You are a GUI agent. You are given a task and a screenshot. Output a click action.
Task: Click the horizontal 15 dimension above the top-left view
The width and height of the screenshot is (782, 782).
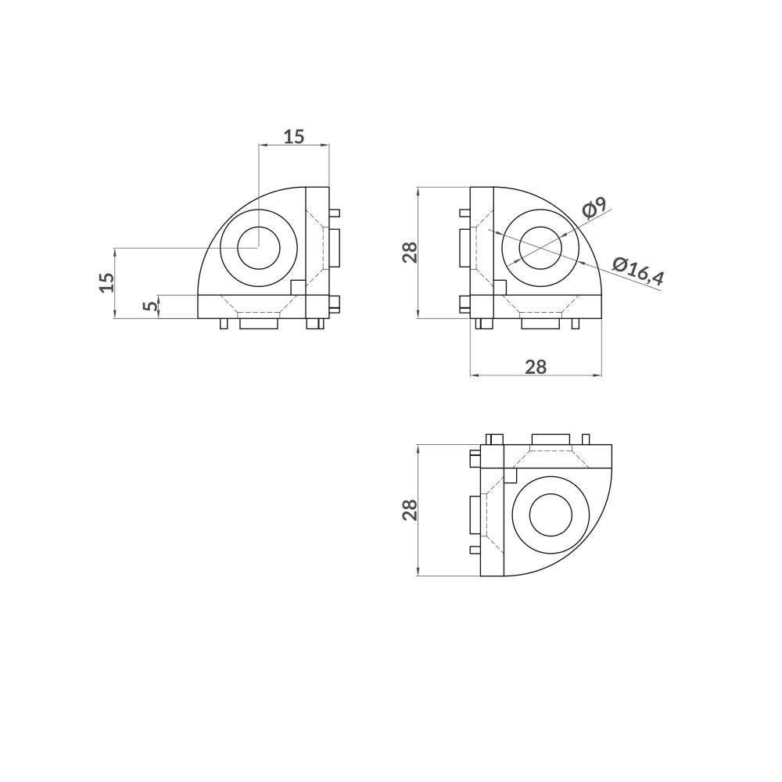pos(293,136)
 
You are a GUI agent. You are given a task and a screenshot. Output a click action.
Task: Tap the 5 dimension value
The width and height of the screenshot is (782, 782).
pos(149,307)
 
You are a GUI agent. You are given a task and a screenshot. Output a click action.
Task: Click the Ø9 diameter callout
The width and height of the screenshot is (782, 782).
pos(594,209)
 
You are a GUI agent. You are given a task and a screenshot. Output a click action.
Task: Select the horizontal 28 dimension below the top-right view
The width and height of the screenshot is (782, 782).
pos(535,366)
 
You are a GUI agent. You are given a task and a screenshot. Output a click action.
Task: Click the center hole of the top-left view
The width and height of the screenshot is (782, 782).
pos(259,249)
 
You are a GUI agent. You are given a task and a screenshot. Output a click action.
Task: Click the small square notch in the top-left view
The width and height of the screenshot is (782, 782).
pos(297,287)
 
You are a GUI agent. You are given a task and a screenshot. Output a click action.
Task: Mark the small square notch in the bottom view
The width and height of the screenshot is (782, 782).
pos(511,475)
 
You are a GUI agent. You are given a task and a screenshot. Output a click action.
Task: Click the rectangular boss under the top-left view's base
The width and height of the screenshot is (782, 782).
pos(258,323)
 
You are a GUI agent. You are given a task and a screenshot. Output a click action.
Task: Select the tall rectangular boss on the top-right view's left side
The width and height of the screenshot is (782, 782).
pos(465,249)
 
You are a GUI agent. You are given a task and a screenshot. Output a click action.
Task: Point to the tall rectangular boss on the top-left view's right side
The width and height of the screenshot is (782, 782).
pos(335,248)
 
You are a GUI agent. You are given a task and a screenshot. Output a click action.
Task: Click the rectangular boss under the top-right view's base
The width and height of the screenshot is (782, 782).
pos(540,323)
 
